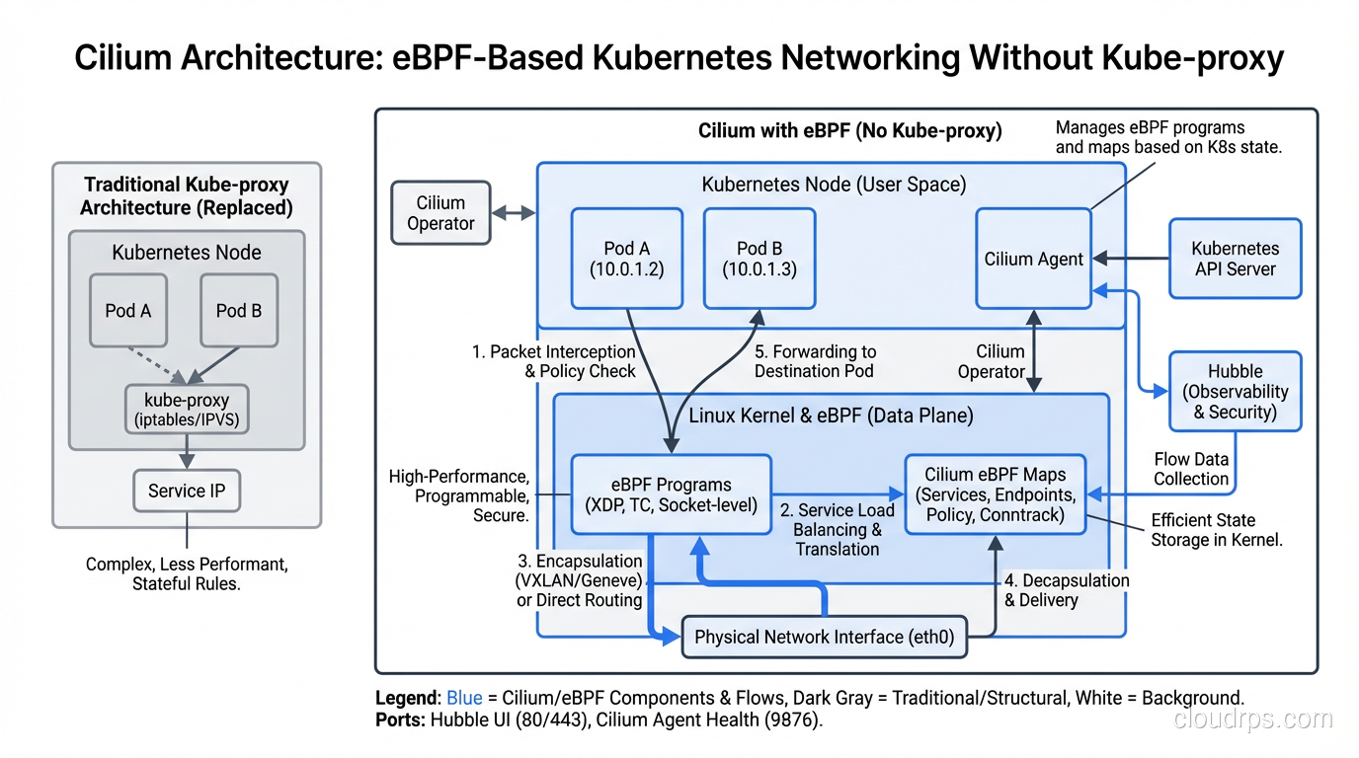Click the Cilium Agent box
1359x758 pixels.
(1033, 259)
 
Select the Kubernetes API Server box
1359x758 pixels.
(1235, 259)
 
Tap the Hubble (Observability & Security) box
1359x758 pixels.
(1235, 391)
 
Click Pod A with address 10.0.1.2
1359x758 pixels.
(626, 259)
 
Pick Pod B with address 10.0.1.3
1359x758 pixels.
(759, 259)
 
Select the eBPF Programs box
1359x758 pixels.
(671, 494)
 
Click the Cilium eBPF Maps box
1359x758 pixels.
(995, 494)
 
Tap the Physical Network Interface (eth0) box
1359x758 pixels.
(824, 637)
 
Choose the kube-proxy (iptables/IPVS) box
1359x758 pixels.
(187, 410)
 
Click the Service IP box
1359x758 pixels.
(187, 491)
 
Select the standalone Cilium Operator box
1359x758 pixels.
(440, 213)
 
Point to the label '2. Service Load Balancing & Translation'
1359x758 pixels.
(838, 529)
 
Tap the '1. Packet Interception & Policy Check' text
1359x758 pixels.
(553, 361)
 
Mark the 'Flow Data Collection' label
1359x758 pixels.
(1191, 469)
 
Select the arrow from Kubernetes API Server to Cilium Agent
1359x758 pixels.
(1130, 259)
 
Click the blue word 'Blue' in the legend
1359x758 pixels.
(464, 698)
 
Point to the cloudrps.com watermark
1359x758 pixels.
(1252, 719)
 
